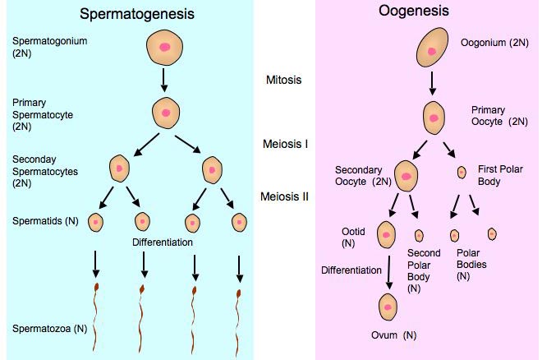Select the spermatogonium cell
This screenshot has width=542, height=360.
[165, 48]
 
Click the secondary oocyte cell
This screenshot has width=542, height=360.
[406, 174]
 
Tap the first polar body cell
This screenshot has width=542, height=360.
[462, 172]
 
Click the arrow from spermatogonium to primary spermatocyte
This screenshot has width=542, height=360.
[165, 80]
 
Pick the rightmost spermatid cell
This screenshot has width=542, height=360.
[239, 222]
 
